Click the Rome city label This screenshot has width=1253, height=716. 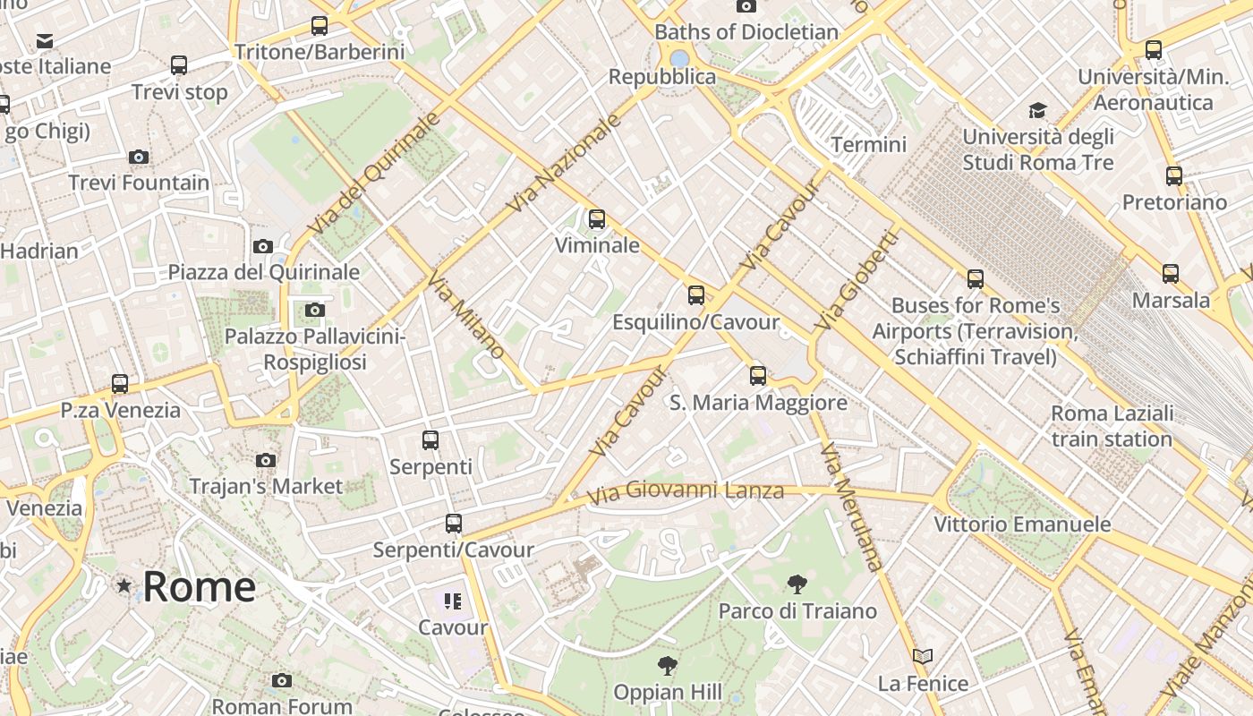click(199, 587)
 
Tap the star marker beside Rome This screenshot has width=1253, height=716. click(124, 585)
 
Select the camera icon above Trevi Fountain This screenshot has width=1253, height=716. click(138, 158)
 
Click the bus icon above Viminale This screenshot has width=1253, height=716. click(596, 218)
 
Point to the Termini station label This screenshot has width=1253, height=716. click(868, 144)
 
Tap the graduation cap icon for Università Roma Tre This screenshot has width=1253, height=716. click(1037, 110)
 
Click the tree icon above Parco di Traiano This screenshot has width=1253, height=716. click(797, 584)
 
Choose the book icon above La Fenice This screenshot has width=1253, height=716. click(923, 657)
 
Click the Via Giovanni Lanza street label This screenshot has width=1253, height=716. click(686, 491)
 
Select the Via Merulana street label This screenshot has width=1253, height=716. click(851, 506)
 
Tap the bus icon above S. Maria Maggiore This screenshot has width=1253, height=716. click(758, 375)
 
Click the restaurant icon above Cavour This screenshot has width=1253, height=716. click(453, 601)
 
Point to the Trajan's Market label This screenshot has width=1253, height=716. click(266, 486)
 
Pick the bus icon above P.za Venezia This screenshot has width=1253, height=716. click(120, 384)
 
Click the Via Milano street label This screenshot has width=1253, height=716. click(465, 318)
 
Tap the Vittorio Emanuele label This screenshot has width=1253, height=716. click(1022, 524)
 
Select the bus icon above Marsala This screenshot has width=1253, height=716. click(1171, 274)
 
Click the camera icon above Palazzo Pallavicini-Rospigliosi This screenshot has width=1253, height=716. click(314, 310)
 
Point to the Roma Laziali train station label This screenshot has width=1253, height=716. click(1112, 426)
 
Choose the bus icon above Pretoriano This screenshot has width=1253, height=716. click(1174, 176)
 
